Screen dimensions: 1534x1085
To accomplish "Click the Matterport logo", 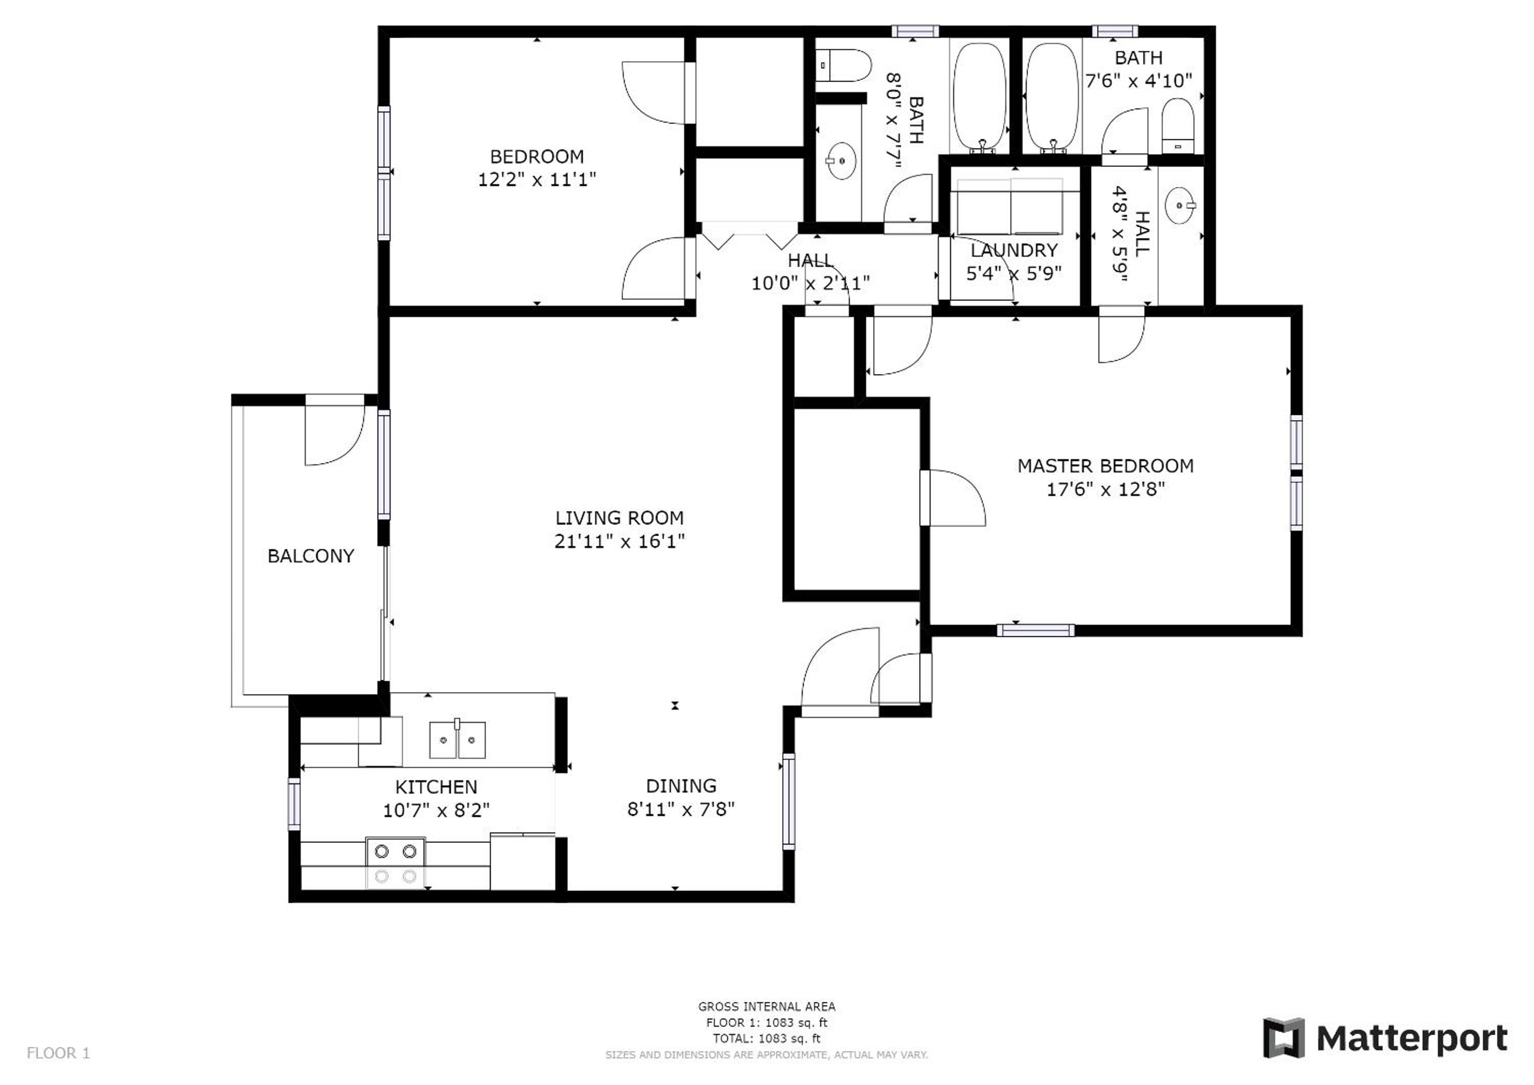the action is tap(1385, 1038).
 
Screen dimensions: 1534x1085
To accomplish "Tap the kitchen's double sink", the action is tap(457, 739).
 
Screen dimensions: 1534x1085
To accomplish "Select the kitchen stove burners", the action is tap(395, 863).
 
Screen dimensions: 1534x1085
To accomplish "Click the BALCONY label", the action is tap(311, 556).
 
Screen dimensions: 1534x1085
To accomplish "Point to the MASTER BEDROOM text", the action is tap(1105, 466).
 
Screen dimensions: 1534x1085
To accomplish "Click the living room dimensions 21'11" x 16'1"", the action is tap(619, 540).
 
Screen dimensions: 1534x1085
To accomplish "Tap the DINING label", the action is tap(681, 786).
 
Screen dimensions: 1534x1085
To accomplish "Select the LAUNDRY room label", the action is tap(1014, 251).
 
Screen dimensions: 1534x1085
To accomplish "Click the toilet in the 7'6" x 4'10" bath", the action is tap(1178, 126).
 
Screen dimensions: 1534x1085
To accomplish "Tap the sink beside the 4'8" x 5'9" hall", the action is tap(1181, 205).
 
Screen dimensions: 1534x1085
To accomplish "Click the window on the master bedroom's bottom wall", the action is tap(1035, 630).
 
